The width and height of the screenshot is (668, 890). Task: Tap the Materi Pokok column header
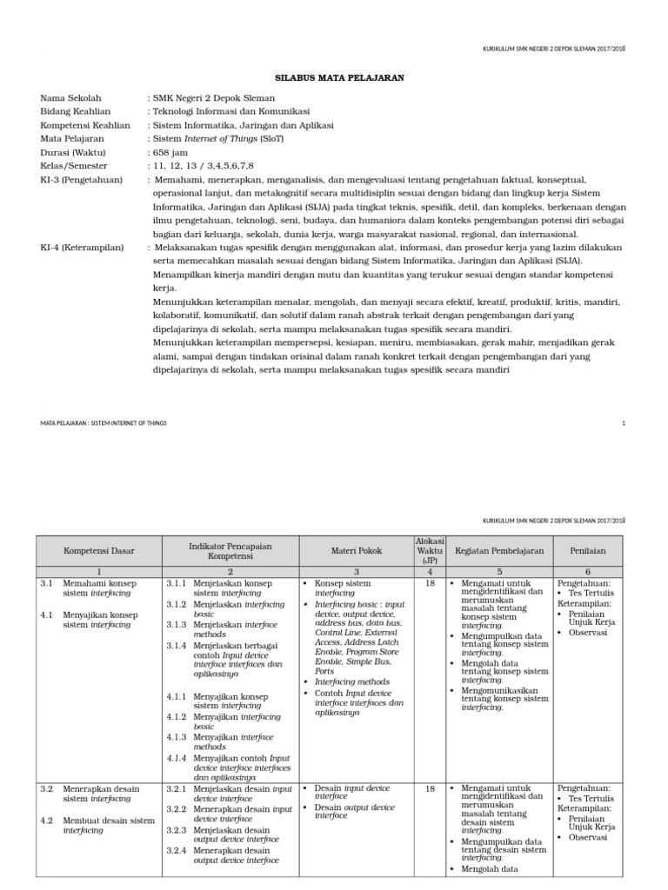(x=357, y=551)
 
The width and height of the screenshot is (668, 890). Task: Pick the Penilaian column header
(x=587, y=551)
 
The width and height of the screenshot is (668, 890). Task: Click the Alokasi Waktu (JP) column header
(x=430, y=550)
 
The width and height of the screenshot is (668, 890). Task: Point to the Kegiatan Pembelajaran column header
(x=499, y=551)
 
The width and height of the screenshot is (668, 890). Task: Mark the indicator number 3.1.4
(x=177, y=646)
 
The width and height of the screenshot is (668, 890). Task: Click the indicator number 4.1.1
(x=177, y=697)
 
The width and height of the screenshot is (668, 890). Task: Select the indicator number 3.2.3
(x=177, y=830)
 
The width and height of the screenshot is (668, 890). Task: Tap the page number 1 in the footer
(x=624, y=422)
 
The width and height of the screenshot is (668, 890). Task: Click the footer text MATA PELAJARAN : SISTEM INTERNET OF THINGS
(x=104, y=422)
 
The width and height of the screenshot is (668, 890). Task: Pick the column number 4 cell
(x=430, y=572)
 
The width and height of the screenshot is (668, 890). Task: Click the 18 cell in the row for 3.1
(x=430, y=584)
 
